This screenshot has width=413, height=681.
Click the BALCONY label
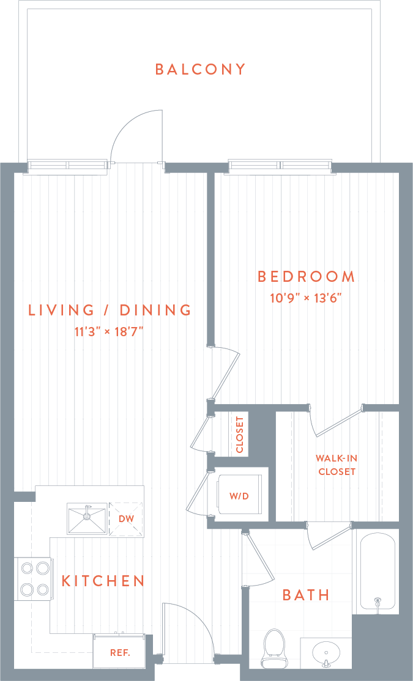[x=200, y=69]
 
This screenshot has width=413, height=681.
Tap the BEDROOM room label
[x=306, y=277]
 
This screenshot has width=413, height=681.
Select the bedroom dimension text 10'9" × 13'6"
[x=305, y=298]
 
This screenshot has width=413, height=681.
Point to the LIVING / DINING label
[x=110, y=310]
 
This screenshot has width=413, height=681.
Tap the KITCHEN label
[x=103, y=581]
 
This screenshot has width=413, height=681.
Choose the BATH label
[x=306, y=595]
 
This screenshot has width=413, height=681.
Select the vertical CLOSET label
[x=239, y=435]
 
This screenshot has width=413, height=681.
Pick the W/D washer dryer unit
[x=239, y=496]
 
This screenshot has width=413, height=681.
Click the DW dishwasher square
[x=125, y=519]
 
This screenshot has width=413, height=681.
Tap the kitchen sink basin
[x=87, y=519]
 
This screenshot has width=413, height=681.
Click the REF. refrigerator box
[x=119, y=652]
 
